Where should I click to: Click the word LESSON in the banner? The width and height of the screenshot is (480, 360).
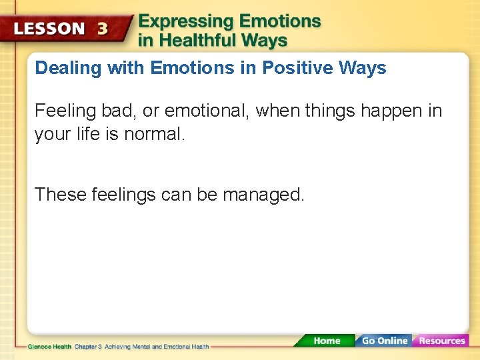click(50, 29)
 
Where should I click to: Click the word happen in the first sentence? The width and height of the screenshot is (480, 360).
click(390, 111)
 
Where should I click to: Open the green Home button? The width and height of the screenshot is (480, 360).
click(326, 341)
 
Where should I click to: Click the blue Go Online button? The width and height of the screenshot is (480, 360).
click(383, 341)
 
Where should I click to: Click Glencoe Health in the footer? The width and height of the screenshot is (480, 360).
click(49, 347)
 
